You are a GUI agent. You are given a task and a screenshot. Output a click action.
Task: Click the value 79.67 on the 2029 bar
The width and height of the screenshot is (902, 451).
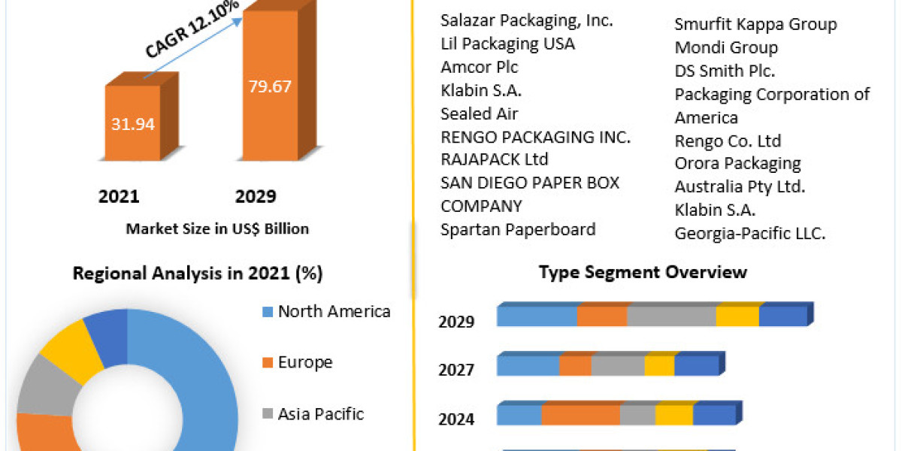click(270, 86)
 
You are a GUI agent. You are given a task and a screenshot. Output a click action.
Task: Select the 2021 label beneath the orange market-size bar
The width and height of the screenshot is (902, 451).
click(119, 197)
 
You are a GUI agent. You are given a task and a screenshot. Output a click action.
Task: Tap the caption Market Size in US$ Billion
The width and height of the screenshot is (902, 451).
click(217, 229)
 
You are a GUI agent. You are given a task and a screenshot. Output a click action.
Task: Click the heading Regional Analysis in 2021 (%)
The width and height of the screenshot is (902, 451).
click(198, 274)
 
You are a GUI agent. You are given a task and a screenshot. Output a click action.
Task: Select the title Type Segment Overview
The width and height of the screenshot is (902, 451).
click(643, 272)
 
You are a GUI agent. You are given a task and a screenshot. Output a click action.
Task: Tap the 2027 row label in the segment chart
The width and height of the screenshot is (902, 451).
click(456, 370)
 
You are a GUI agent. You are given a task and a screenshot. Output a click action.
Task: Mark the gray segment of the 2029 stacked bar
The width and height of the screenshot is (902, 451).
click(670, 316)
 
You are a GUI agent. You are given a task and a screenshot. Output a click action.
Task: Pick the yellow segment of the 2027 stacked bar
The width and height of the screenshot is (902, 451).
click(659, 366)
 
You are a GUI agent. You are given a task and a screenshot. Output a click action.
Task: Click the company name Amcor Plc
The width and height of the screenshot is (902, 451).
click(479, 67)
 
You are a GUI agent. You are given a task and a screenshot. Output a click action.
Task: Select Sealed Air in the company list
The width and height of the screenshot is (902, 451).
click(479, 114)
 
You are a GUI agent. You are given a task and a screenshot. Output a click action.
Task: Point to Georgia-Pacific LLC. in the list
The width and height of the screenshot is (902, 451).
click(749, 234)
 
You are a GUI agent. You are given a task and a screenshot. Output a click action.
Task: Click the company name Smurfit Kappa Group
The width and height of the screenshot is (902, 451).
click(755, 25)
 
